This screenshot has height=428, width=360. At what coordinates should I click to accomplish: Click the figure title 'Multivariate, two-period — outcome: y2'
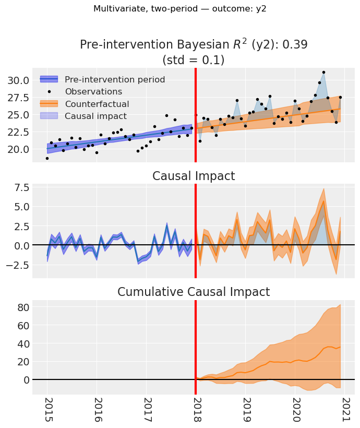point(180,9)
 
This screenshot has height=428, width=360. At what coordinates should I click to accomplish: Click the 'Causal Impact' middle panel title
point(194,176)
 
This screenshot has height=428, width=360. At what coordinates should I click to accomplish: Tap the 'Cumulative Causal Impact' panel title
point(194,292)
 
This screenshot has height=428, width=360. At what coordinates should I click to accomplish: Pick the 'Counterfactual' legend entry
point(97,104)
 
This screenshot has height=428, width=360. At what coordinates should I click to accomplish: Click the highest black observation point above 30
point(323,72)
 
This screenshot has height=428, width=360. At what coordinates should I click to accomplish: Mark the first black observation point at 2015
point(47,158)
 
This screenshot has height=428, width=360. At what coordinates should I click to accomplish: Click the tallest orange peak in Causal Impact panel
point(323,201)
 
